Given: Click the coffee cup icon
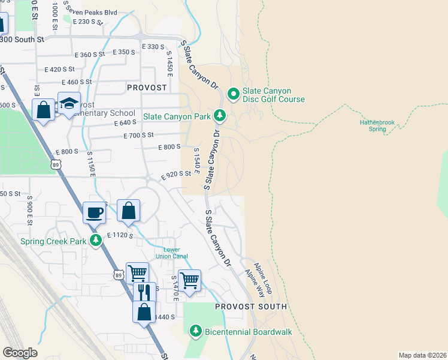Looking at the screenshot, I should pyautogui.click(x=95, y=212).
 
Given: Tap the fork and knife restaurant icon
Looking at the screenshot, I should pyautogui.click(x=144, y=293).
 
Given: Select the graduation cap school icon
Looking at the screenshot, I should pyautogui.click(x=69, y=103).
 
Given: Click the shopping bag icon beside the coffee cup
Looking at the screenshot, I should pyautogui.click(x=128, y=211).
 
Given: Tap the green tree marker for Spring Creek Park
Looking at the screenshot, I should pyautogui.click(x=95, y=241).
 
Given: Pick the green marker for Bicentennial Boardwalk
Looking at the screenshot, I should pyautogui.click(x=195, y=330).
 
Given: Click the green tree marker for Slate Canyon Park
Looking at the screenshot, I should pyautogui.click(x=220, y=115).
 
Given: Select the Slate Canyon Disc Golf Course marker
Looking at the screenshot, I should pyautogui.click(x=232, y=94).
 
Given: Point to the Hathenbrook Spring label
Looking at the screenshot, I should pyautogui.click(x=377, y=125).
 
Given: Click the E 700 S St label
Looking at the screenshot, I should pyautogui.click(x=139, y=136).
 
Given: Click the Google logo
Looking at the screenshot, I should pyautogui.click(x=20, y=353).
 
